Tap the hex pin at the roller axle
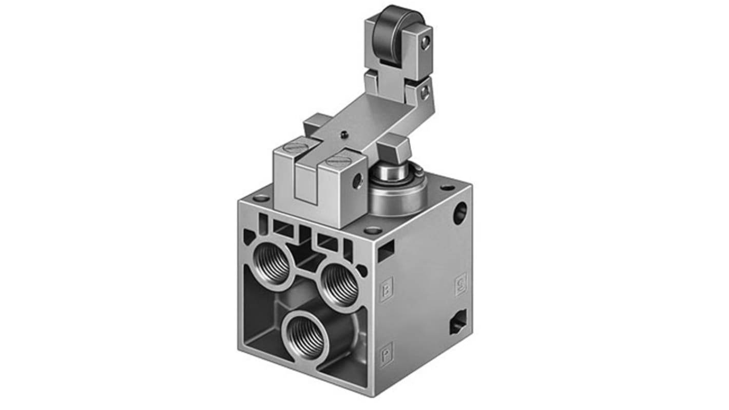click(x=425, y=45)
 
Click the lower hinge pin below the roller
click(x=424, y=93)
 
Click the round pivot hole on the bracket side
click(x=358, y=181)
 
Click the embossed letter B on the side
click(x=387, y=288)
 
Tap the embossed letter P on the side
click(x=386, y=354)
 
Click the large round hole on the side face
click(x=461, y=212)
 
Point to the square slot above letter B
click(x=386, y=251)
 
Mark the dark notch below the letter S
click(x=457, y=323)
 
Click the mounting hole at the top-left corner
click(x=261, y=198)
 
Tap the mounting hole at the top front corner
click(x=373, y=230)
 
